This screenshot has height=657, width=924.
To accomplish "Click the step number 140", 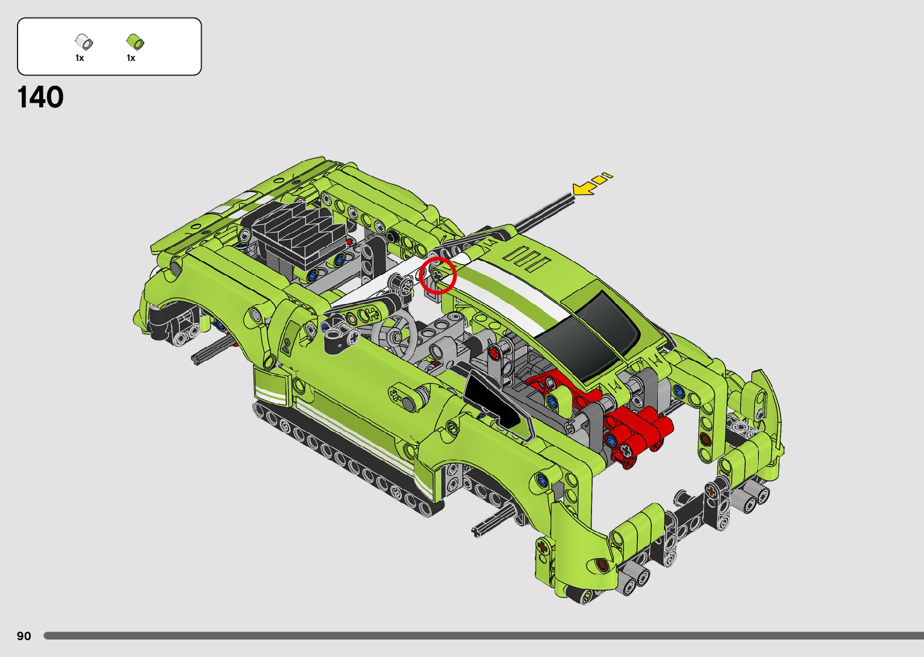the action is tap(40, 97).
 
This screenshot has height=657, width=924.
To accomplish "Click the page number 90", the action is tap(24, 635).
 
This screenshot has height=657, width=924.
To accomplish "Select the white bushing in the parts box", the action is tap(84, 42).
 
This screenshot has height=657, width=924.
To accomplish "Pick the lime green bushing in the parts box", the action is tap(135, 42).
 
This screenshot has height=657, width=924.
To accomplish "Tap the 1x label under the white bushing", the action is tap(80, 58).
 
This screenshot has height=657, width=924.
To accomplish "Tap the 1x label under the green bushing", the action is tap(131, 58).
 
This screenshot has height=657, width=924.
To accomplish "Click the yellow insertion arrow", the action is tap(592, 184).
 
